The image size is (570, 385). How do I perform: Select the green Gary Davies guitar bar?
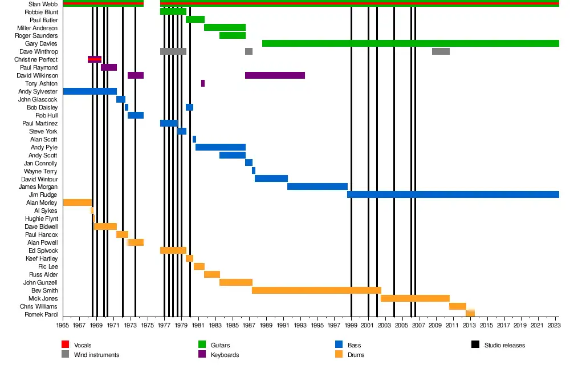pos(410,43)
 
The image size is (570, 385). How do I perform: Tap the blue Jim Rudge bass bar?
pos(453,194)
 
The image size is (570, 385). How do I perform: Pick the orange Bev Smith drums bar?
pos(316,290)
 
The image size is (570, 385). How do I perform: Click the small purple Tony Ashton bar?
pos(203,83)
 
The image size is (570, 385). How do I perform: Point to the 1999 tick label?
pos(352,325)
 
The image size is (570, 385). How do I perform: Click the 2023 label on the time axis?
pos(553,325)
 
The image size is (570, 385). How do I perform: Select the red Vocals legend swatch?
pos(65,345)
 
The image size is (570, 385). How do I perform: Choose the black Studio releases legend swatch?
pos(475,345)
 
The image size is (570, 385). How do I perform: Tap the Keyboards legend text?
pos(225,355)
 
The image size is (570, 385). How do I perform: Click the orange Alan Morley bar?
pos(78,202)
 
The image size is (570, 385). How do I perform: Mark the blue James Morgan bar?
pos(317,187)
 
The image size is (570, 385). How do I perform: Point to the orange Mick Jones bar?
pos(415,298)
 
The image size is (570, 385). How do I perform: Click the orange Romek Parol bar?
pos(470,313)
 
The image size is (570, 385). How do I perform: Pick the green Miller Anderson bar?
pos(225,27)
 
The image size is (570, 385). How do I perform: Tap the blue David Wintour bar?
pos(271,179)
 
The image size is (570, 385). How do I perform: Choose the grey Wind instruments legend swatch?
pos(65,355)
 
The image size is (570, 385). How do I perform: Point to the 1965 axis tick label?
pos(63,325)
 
